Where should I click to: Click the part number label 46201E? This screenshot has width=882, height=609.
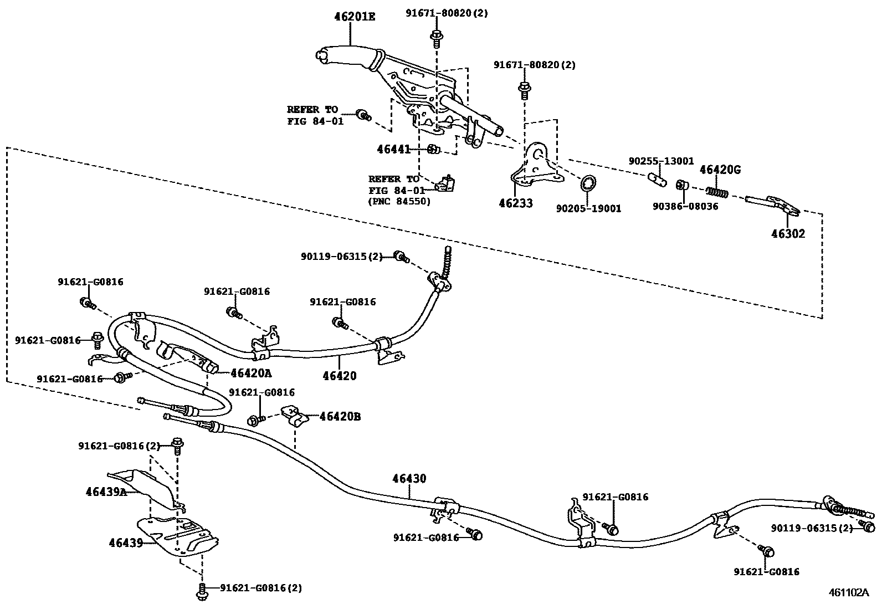[x=355, y=17]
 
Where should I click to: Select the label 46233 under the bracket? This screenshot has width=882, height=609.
[x=515, y=203]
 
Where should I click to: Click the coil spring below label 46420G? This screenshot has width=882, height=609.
[x=717, y=191]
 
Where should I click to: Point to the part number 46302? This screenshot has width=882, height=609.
[x=788, y=233]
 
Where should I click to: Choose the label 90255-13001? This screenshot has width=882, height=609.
[x=661, y=161]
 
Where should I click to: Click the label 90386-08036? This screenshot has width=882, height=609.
[x=685, y=206]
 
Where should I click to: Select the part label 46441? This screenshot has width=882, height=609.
[x=394, y=149]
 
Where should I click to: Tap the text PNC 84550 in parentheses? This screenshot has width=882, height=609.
[x=399, y=202]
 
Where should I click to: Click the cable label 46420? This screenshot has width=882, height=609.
[x=340, y=376]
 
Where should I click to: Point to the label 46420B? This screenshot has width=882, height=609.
[x=340, y=416]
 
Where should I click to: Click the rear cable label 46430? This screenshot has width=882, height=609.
[x=409, y=478]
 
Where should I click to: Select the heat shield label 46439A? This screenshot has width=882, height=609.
[x=106, y=491]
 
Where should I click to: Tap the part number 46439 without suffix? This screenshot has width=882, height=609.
[x=125, y=543]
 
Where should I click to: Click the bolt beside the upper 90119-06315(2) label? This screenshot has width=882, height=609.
[x=400, y=256]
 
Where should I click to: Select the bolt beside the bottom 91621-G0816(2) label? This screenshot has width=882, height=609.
[x=202, y=591]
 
